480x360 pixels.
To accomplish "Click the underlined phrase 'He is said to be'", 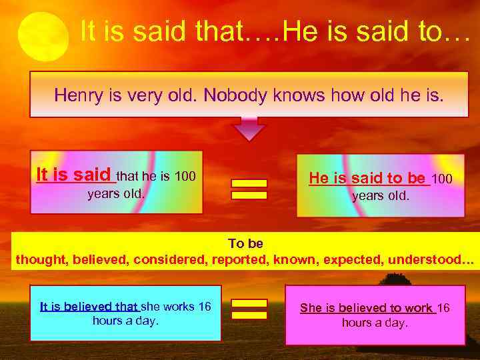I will (367, 178).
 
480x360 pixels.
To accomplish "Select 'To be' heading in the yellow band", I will (245, 244).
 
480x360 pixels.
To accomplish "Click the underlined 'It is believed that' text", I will (89, 307).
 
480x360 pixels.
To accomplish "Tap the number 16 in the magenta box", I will (443, 308).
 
